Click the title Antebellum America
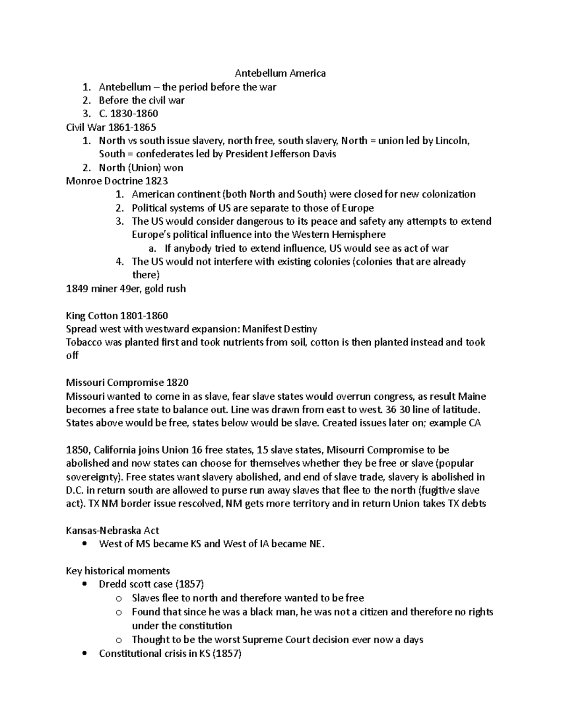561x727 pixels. [x=280, y=73]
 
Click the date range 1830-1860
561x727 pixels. [x=134, y=114]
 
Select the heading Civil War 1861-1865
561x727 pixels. [x=111, y=127]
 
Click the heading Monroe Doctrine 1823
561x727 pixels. [x=117, y=181]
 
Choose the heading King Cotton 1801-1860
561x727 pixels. [x=117, y=316]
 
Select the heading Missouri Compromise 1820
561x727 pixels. [x=127, y=383]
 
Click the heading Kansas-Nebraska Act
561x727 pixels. [x=112, y=531]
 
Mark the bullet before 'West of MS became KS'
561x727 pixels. [x=84, y=544]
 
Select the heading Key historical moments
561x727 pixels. [x=118, y=571]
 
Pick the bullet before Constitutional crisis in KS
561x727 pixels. [x=84, y=654]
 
